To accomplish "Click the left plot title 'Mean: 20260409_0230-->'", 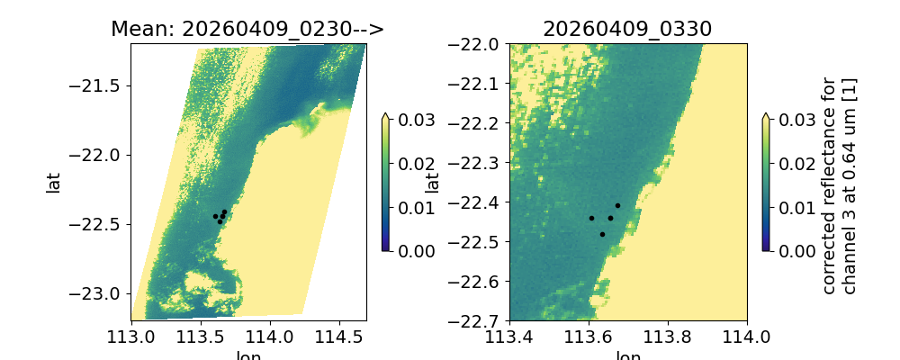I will coord(247,29).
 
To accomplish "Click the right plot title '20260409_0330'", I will coord(627,29).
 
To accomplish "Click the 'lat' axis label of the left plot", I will coord(54,182).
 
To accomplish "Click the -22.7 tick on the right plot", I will coord(478,320).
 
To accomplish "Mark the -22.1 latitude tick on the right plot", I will coord(478,84).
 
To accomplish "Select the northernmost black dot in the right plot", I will coord(617,205).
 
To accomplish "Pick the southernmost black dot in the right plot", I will coord(602,234).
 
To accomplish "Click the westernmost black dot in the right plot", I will coord(591,218).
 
